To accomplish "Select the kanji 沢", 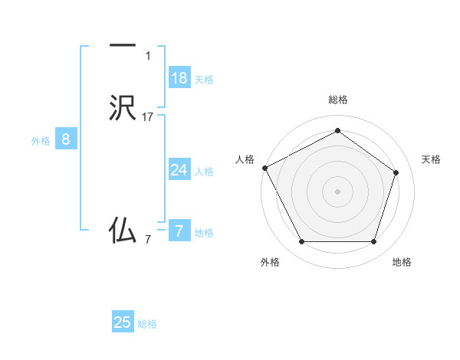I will tap(123, 108).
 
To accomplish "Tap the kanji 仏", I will tap(123, 229).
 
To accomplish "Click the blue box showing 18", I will tap(179, 77).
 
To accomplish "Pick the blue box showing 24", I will tap(179, 170).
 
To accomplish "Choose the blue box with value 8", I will tap(66, 139).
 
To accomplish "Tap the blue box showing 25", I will tap(123, 322).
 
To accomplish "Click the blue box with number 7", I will tap(179, 231).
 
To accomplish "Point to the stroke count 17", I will tap(148, 116).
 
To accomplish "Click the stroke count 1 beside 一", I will tap(148, 55).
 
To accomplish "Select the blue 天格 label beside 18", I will tap(204, 79).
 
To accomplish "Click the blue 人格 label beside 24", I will tap(204, 172).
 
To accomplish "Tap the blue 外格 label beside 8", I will tap(41, 140).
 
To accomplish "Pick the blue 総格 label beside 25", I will tap(147, 324).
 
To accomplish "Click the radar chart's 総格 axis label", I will tap(337, 100).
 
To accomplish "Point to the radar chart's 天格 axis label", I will tap(432, 159).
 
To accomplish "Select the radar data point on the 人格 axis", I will tap(264, 167).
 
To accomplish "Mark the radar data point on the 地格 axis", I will tap(373, 242).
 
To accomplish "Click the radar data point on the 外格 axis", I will tap(301, 242).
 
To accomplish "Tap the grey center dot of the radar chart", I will tap(337, 191).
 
